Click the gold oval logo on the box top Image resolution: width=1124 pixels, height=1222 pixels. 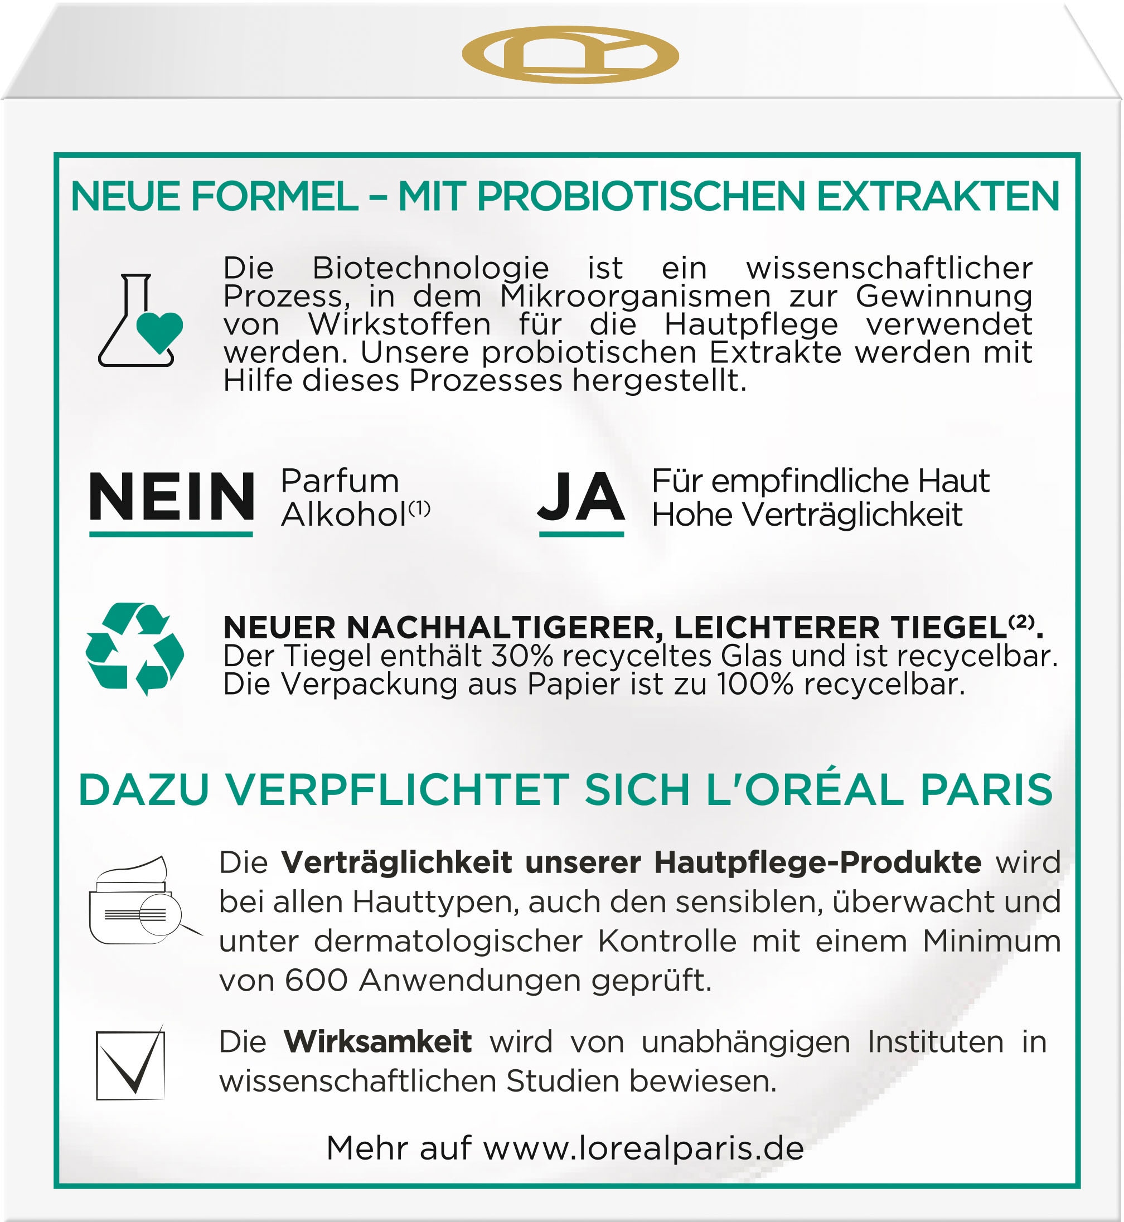(570, 55)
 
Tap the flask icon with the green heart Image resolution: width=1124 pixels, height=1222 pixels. (140, 321)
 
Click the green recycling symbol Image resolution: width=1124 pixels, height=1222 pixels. (135, 649)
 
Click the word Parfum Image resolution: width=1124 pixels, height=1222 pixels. (340, 481)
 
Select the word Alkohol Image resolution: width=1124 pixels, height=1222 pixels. (343, 515)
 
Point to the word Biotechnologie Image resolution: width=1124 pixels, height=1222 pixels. (430, 268)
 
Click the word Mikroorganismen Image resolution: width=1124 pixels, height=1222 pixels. (636, 296)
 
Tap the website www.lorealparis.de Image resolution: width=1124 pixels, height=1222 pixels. (643, 1148)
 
